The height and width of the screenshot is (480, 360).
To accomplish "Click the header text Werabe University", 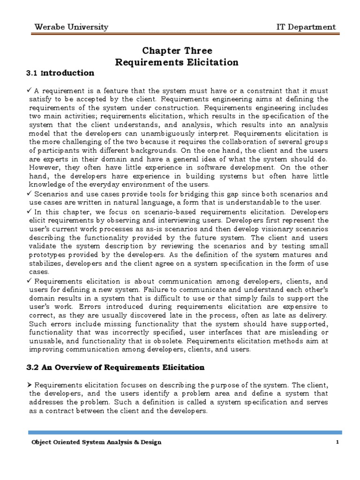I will (x=71, y=27).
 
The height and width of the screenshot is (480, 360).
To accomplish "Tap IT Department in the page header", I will (x=306, y=27).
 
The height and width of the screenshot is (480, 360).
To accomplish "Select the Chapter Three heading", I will (x=177, y=51).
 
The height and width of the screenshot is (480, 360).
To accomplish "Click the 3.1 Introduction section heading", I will (x=60, y=73).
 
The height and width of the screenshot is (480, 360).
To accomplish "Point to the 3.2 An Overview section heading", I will (x=116, y=367).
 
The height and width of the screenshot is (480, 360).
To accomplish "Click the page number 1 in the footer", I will (x=337, y=442).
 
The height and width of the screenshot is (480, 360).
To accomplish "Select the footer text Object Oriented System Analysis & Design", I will (x=96, y=442).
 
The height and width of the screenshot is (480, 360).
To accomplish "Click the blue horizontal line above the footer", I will (x=185, y=432).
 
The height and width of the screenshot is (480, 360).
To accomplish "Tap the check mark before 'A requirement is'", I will (x=31, y=90).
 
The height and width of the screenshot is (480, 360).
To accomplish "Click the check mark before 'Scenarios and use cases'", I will (x=31, y=194).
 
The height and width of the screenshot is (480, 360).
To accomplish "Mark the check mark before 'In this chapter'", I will (x=31, y=211).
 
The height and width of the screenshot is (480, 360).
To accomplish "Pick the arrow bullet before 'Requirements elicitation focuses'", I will (x=31, y=384).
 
